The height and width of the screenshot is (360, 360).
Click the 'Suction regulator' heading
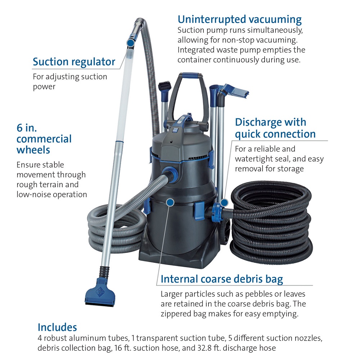click(x=74, y=62)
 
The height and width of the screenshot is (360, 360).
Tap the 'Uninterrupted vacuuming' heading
click(x=240, y=19)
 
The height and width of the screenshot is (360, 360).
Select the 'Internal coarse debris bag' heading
click(x=222, y=279)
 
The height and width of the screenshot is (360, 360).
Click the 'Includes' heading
click(x=57, y=327)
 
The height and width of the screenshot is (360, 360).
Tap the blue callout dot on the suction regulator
click(x=131, y=42)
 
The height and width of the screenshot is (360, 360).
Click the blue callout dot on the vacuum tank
click(x=170, y=202)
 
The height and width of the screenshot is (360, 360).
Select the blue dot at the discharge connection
click(x=224, y=203)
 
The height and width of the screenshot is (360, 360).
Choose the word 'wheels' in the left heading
click(x=33, y=150)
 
